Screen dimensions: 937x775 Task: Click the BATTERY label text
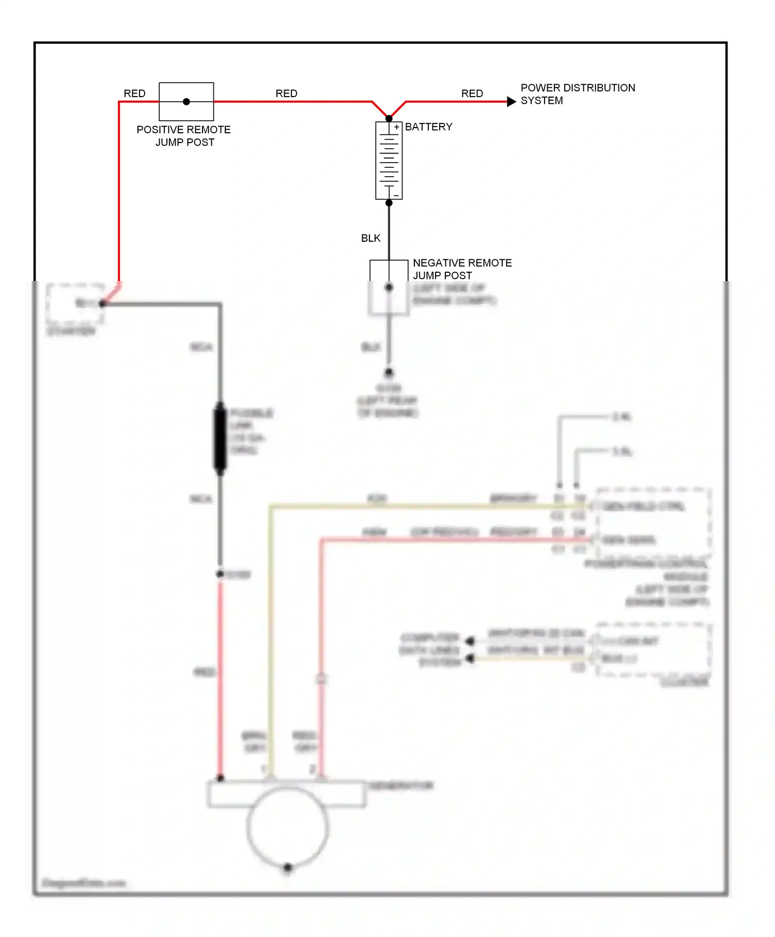click(428, 127)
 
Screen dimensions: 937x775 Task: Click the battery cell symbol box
click(389, 161)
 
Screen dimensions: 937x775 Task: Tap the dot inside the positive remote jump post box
click(187, 102)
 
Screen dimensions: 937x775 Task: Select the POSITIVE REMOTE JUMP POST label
click(183, 136)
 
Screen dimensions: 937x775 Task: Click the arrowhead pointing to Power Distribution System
click(511, 102)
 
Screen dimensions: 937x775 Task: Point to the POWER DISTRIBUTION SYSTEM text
click(577, 94)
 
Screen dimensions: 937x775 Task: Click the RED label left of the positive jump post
click(134, 93)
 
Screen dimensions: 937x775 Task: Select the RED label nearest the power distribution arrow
click(472, 93)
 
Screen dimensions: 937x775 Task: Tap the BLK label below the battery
click(370, 238)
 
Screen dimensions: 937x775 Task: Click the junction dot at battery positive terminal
click(389, 119)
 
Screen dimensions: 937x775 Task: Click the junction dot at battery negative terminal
click(389, 203)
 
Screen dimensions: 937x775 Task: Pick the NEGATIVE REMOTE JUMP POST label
click(462, 269)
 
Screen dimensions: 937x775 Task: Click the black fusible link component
click(220, 439)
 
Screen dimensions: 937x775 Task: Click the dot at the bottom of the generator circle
click(288, 867)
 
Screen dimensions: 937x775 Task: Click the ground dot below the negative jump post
click(389, 372)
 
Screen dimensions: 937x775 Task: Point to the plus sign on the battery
click(396, 127)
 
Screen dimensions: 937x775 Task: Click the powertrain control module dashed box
click(654, 522)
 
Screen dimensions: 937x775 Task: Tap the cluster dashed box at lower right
click(654, 649)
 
